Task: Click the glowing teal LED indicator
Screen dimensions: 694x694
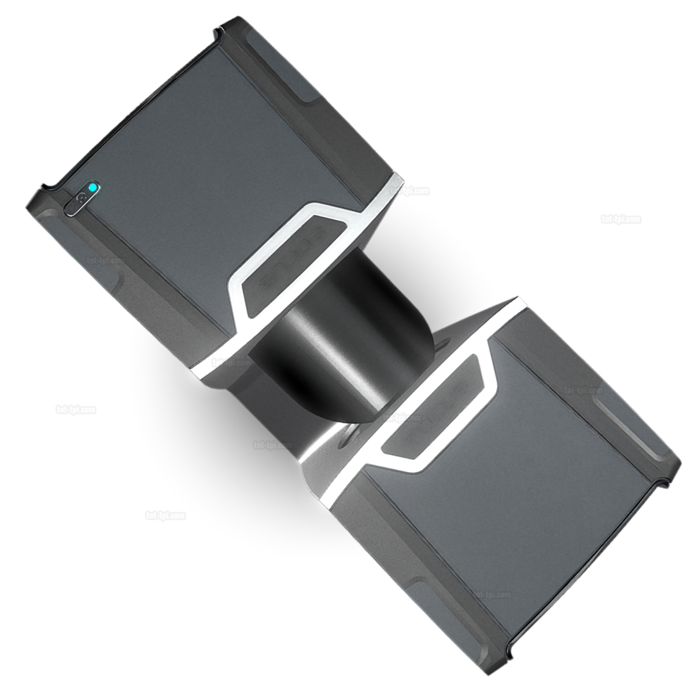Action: point(92,187)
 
